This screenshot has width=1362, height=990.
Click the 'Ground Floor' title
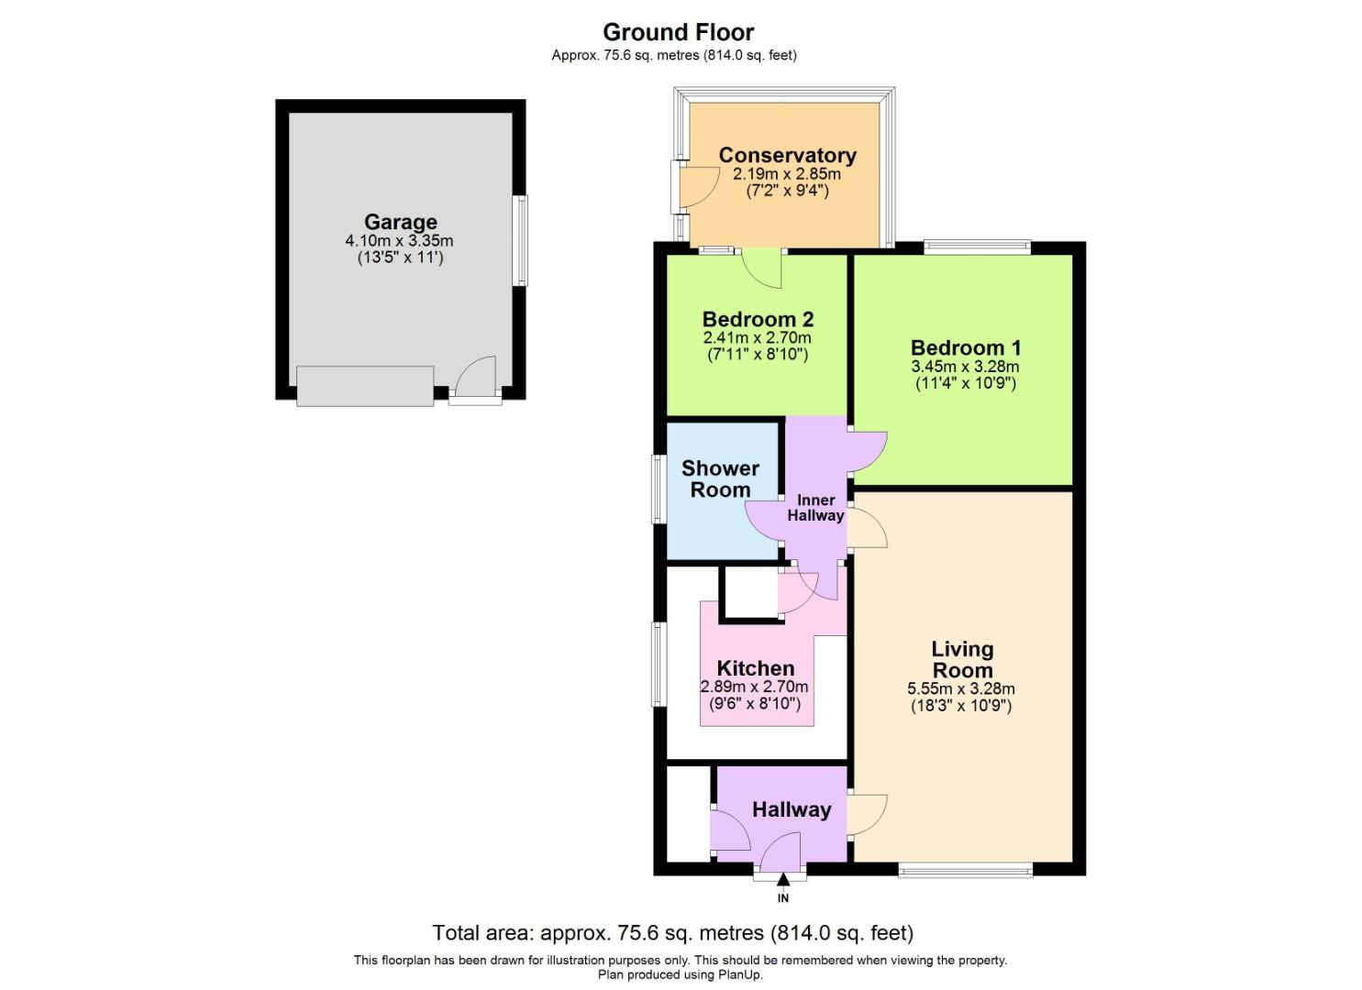[x=678, y=32]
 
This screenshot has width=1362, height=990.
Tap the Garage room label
[x=401, y=222]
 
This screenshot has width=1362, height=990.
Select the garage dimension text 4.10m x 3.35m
[x=400, y=241]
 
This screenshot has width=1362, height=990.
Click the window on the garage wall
[x=520, y=240]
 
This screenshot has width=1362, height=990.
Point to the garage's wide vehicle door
[x=365, y=386]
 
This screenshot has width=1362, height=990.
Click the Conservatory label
[x=788, y=156]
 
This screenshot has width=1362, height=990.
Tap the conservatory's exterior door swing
[x=698, y=187]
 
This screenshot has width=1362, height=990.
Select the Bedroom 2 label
[x=758, y=319]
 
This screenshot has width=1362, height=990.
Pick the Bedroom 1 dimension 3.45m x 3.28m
[x=965, y=367]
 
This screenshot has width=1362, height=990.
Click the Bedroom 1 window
[x=977, y=247]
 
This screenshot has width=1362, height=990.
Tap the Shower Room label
[x=721, y=478]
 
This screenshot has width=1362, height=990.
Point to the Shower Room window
[x=659, y=489]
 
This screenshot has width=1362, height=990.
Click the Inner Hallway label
[x=816, y=508]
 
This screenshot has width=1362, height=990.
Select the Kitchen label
[x=756, y=668]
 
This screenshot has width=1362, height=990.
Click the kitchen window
[x=659, y=665]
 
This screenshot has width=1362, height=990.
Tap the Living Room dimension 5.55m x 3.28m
[x=961, y=689]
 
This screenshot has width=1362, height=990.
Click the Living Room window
[x=966, y=871]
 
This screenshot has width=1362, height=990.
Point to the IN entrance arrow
[x=783, y=879]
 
